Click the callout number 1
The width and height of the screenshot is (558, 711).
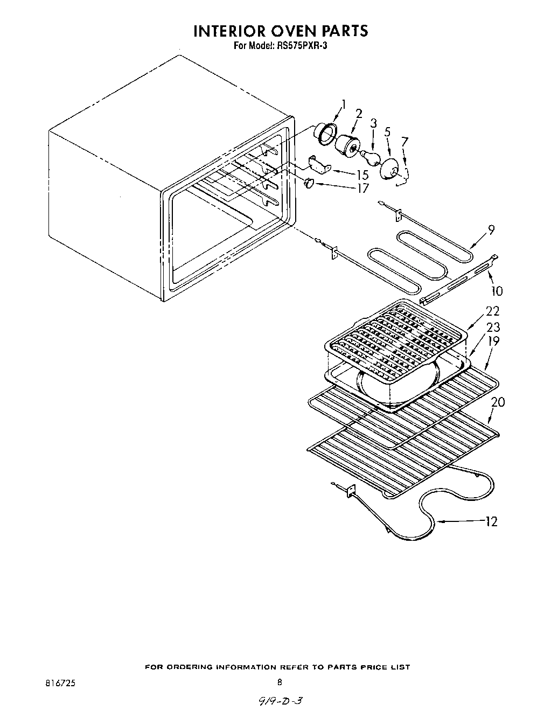click(344, 103)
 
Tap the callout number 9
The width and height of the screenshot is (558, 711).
click(491, 230)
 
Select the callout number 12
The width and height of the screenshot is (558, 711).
click(491, 521)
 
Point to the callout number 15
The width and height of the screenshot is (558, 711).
click(362, 175)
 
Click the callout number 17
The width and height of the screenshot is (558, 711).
click(362, 188)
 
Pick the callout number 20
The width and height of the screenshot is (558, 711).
click(498, 402)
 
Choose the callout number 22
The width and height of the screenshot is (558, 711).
click(492, 311)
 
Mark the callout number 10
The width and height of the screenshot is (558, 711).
click(497, 291)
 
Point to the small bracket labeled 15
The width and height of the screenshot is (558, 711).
click(318, 164)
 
